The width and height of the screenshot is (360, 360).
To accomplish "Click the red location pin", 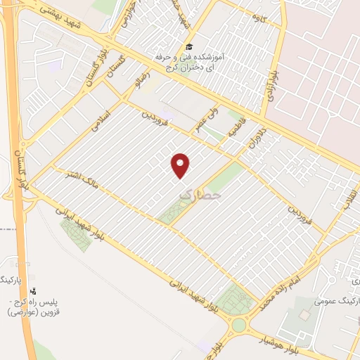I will [x=181, y=164].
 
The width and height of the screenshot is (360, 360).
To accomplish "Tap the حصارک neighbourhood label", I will [x=200, y=191].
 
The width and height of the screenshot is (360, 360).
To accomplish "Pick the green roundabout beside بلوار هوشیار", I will [x=239, y=325].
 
